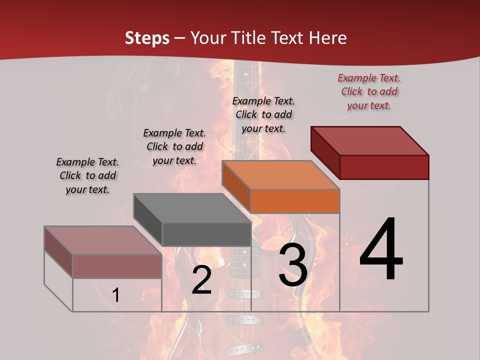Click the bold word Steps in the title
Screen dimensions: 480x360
[x=147, y=38]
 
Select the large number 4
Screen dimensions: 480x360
[x=381, y=250]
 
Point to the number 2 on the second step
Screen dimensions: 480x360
[x=202, y=280]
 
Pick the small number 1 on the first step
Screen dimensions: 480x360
[x=116, y=295]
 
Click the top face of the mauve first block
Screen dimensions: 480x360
[x=102, y=240]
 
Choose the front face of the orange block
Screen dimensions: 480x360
[x=295, y=201]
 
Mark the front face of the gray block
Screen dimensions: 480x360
[x=206, y=234]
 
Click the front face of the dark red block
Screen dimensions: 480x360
[x=384, y=167]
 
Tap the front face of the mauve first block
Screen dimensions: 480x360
[x=117, y=266]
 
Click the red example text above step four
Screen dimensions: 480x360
[x=369, y=91]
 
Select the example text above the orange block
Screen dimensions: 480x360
[x=263, y=114]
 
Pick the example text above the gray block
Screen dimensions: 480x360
[x=174, y=146]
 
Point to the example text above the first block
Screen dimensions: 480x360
[x=87, y=175]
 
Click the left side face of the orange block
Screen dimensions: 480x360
[x=236, y=187]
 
